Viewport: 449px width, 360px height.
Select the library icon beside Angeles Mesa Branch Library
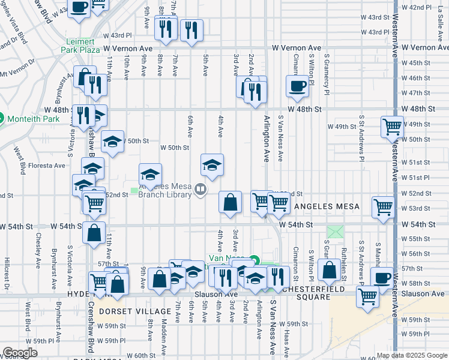(x=200, y=190)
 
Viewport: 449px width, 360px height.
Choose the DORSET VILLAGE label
(x=135, y=311)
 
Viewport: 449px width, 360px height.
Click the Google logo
(x=20, y=353)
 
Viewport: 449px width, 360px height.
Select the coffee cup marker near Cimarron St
(x=297, y=86)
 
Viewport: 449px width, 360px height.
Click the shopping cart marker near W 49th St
(x=392, y=127)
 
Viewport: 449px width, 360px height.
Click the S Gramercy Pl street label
(x=327, y=71)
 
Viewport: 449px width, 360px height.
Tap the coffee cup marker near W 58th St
(x=381, y=278)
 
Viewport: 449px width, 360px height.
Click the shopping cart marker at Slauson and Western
(x=367, y=295)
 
